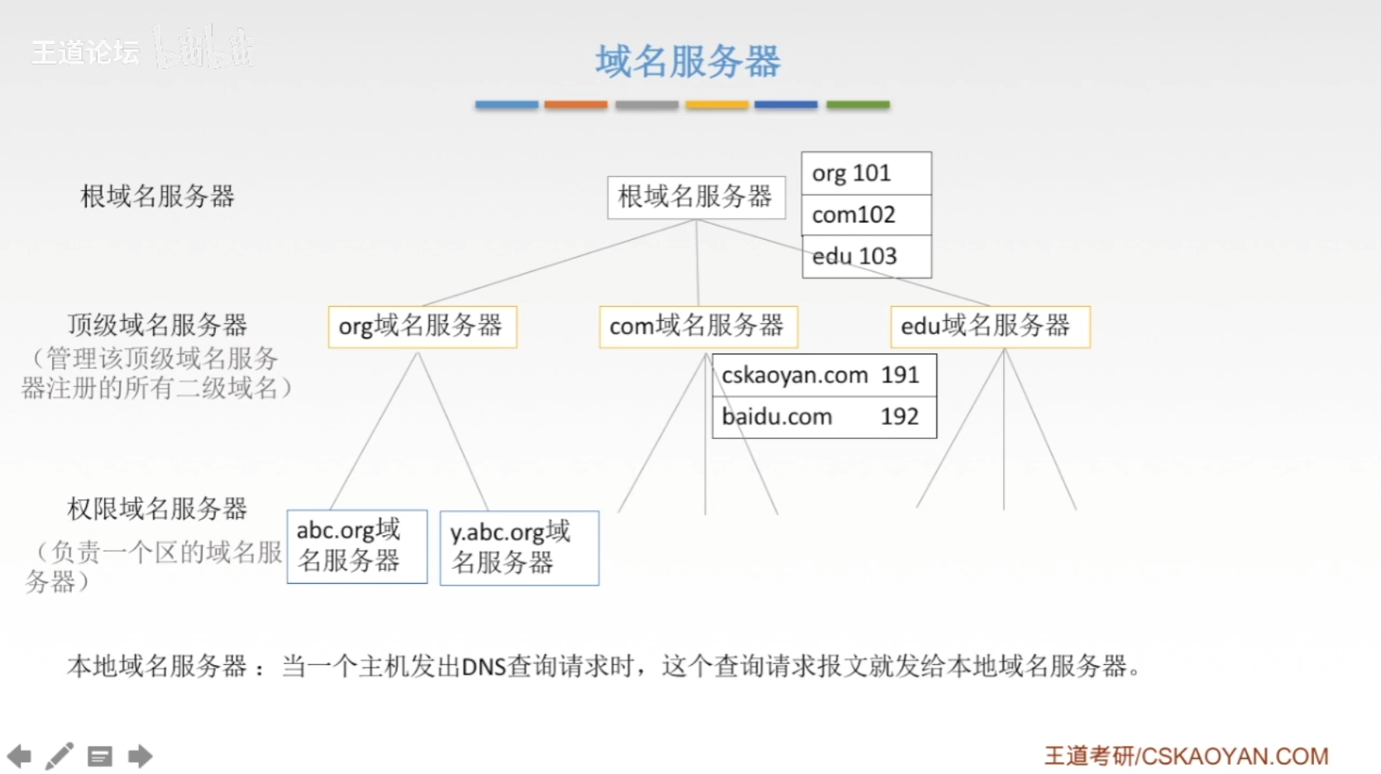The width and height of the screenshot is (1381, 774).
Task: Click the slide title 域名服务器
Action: (687, 61)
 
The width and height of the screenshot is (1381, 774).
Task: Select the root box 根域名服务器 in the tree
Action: (695, 197)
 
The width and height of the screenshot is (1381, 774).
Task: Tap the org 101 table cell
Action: (866, 174)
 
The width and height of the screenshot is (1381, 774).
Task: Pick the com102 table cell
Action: (866, 215)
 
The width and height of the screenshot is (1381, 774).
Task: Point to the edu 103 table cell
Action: (866, 256)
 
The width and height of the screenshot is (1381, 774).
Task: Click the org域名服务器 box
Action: (422, 327)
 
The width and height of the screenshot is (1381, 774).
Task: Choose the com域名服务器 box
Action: (698, 327)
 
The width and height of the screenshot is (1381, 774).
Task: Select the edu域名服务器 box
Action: (989, 327)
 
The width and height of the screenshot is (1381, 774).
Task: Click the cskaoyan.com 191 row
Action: (824, 375)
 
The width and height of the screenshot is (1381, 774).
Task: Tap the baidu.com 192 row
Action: (824, 417)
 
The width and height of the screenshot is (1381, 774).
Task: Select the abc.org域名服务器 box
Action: (356, 546)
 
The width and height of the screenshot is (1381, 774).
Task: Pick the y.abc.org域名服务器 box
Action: (518, 547)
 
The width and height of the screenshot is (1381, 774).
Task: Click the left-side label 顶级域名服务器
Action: (157, 325)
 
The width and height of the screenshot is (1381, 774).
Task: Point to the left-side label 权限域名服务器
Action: (157, 509)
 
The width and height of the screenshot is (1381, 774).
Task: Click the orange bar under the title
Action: (576, 105)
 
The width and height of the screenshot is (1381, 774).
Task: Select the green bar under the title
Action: (858, 105)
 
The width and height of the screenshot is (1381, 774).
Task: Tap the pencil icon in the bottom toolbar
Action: (60, 756)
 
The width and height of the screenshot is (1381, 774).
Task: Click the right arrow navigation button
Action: (140, 756)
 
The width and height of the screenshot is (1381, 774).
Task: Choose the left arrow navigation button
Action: (19, 756)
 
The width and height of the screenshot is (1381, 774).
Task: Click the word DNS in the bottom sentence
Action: (484, 666)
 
